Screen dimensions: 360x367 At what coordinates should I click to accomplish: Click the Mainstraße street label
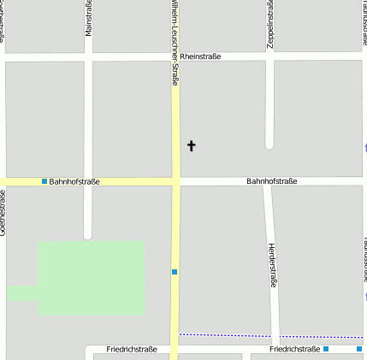pyautogui.click(x=88, y=19)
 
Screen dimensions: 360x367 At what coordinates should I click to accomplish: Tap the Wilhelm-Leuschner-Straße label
pyautogui.click(x=175, y=43)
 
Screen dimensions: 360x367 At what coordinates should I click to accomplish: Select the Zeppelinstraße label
pyautogui.click(x=270, y=24)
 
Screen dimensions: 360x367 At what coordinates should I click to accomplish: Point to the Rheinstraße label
pyautogui.click(x=200, y=56)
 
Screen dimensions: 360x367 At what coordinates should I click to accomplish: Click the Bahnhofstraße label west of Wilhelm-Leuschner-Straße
pyautogui.click(x=74, y=181)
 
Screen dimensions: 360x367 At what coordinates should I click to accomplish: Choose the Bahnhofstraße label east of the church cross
pyautogui.click(x=271, y=181)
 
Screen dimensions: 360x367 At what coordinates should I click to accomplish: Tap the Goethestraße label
pyautogui.click(x=3, y=214)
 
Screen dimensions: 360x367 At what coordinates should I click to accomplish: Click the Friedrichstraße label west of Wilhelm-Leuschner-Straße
pyautogui.click(x=132, y=350)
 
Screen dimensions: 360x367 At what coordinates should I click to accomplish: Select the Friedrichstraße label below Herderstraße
pyautogui.click(x=294, y=350)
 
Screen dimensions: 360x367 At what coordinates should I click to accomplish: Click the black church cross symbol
pyautogui.click(x=191, y=146)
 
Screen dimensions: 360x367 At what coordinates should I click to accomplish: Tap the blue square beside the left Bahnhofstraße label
pyautogui.click(x=44, y=181)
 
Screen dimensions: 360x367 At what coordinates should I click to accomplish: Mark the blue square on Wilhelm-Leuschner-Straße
pyautogui.click(x=175, y=272)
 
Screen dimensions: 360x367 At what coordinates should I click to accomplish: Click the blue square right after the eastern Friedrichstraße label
pyautogui.click(x=326, y=349)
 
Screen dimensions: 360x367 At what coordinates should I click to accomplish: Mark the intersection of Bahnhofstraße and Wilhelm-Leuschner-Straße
pyautogui.click(x=175, y=181)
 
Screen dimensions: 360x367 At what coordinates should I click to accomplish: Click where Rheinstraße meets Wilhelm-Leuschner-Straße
pyautogui.click(x=175, y=56)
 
